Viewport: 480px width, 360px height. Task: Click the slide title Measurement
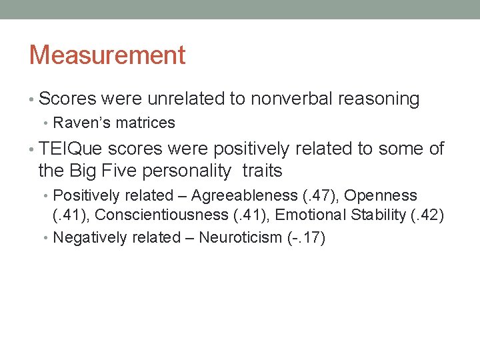[107, 55]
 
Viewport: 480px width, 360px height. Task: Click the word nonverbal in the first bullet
[291, 99]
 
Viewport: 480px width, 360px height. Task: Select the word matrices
[150, 123]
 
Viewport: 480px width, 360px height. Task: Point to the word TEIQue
[71, 149]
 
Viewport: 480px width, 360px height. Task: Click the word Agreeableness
[244, 195]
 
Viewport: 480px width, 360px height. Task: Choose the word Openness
[381, 195]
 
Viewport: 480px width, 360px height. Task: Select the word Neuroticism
[240, 237]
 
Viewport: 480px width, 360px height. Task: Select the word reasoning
[379, 99]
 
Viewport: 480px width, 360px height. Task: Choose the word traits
[263, 171]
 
